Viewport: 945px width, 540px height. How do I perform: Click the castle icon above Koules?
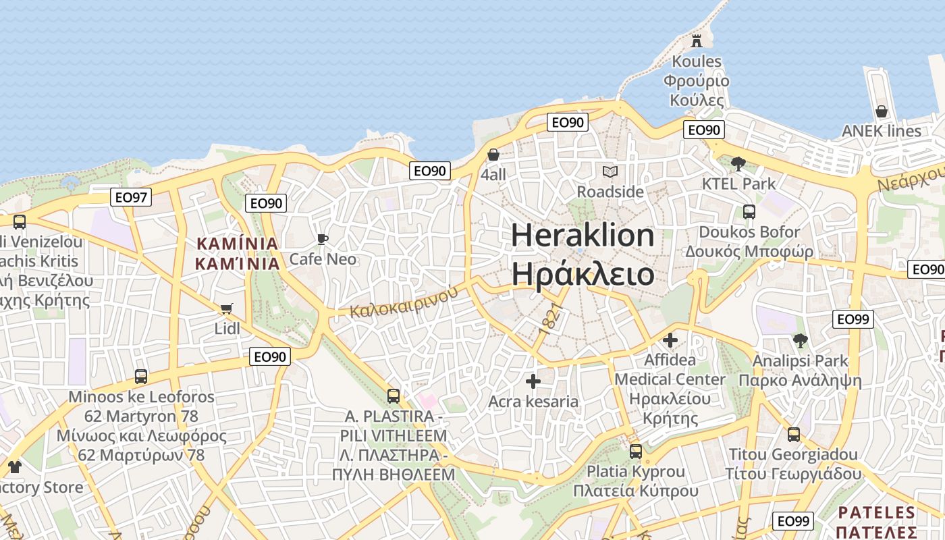[697, 41]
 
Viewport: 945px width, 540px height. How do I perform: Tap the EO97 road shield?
[131, 197]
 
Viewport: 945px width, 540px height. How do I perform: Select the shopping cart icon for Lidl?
[226, 308]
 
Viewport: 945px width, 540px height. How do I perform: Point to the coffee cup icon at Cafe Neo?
[322, 239]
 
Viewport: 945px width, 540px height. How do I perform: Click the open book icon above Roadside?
[610, 171]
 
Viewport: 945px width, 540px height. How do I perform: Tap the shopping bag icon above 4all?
[493, 155]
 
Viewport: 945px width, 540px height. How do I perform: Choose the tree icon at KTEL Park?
[738, 163]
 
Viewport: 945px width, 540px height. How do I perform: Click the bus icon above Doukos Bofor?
[749, 212]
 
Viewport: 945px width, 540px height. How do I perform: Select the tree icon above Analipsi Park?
[800, 340]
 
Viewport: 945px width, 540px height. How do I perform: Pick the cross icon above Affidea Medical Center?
[670, 340]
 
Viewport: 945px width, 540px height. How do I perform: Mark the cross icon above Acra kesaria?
[533, 381]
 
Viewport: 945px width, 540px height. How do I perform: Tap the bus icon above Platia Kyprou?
[635, 451]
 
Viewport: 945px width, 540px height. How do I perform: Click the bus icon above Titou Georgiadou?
[793, 434]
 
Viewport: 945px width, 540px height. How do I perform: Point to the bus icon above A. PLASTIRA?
[393, 396]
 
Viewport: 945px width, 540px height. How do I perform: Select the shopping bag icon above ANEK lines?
[881, 111]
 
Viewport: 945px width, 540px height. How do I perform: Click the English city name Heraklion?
[583, 236]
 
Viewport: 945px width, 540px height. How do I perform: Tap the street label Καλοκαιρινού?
[404, 302]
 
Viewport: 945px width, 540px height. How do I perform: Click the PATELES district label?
[875, 512]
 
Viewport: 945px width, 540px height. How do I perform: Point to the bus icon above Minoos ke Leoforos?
[140, 376]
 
